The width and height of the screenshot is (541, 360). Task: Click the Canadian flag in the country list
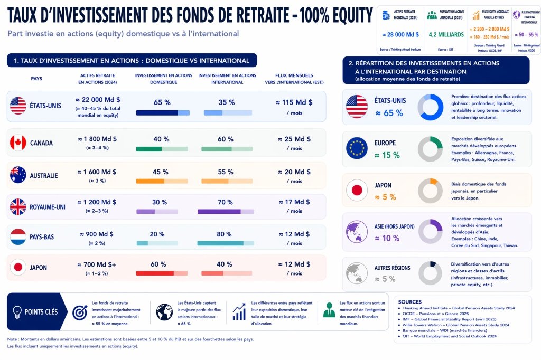tap(18, 143)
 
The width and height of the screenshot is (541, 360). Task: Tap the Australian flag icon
tap(18, 175)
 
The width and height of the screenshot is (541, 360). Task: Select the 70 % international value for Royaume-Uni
tap(225, 202)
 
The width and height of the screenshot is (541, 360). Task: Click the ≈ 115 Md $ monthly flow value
tap(295, 102)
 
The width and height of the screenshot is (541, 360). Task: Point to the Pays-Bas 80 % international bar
tap(225, 243)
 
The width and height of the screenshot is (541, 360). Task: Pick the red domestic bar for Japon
tap(162, 273)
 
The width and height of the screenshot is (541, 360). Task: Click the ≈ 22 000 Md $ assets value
tap(98, 99)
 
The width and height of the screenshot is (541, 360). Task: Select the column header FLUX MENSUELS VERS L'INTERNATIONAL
tap(295, 79)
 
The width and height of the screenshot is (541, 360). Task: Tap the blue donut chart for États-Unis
tap(430, 107)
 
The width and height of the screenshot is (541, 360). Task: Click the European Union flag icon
tap(357, 148)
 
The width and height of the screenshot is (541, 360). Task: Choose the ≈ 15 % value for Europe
tap(387, 155)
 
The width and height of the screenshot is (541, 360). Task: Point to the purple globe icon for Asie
tap(357, 232)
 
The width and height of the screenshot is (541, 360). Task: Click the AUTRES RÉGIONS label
tap(392, 268)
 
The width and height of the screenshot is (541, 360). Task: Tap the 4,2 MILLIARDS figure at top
tap(446, 35)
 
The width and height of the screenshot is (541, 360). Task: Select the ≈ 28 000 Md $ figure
tap(400, 35)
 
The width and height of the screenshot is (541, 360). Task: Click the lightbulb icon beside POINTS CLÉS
tap(17, 311)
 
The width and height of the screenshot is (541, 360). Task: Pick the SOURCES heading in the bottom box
tap(410, 302)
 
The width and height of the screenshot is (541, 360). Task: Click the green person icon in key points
tap(329, 311)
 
